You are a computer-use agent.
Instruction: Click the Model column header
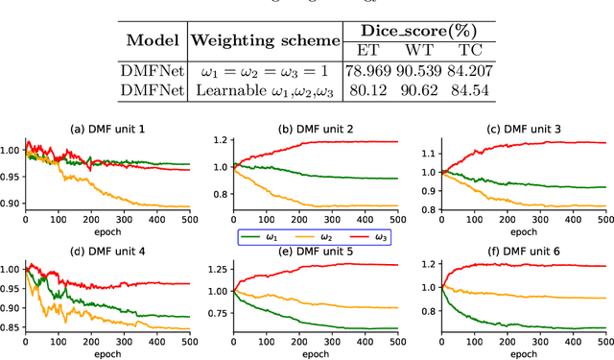(x=156, y=40)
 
